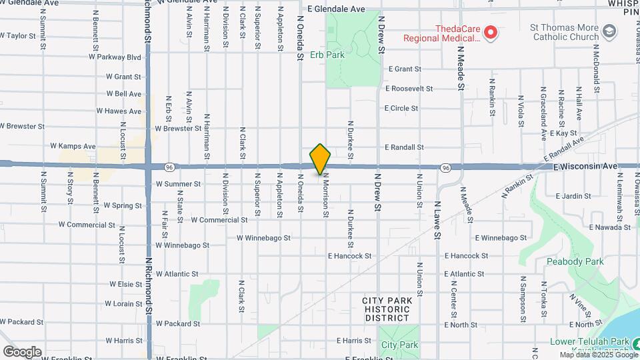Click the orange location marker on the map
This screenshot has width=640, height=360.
point(321,159)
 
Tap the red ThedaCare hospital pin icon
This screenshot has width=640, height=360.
point(491,31)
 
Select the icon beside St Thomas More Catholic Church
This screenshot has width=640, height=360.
point(609,31)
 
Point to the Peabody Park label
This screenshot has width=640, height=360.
point(575,261)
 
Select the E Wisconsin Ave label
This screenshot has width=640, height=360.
point(586,165)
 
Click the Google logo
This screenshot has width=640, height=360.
point(22,351)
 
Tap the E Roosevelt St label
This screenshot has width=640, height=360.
point(409,88)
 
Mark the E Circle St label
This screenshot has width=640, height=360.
point(401,108)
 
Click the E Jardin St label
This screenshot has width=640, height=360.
point(573,196)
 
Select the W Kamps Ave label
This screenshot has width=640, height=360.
point(73,146)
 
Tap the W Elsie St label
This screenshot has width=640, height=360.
point(117,284)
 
